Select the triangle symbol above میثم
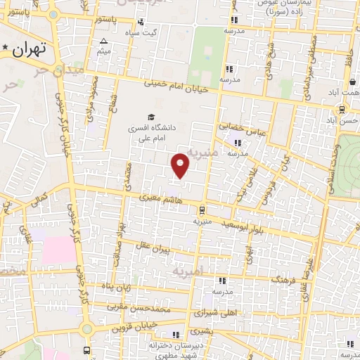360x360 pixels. tap(103, 41)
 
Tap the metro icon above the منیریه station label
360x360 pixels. tap(202, 209)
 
